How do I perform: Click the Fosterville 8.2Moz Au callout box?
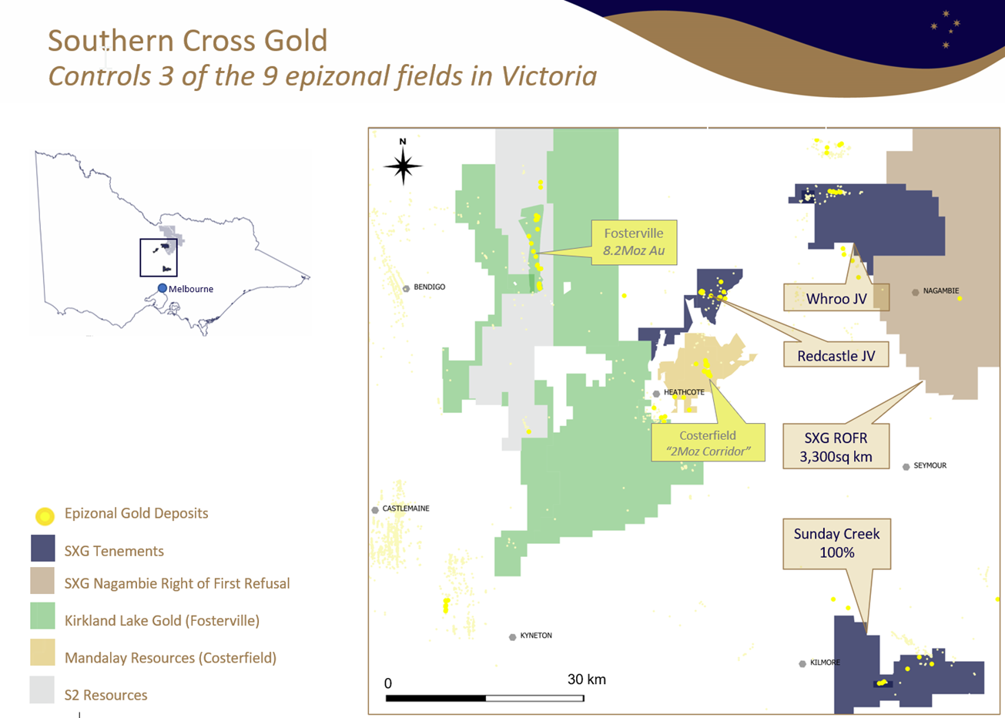point(634,243)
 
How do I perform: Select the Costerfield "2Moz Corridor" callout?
point(708,443)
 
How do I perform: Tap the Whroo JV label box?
point(836,298)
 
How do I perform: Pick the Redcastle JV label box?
point(836,356)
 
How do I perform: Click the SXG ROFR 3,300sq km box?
point(836,447)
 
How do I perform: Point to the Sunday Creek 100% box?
point(836,543)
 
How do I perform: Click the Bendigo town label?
point(429,287)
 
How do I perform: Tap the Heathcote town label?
point(683,392)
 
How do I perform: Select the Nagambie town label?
point(940,291)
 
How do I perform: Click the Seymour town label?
point(930,465)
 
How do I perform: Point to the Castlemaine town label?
point(405,508)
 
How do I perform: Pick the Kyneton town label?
point(535,636)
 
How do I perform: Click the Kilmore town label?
point(825,663)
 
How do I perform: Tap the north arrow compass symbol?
point(403,164)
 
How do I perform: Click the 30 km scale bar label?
point(586,679)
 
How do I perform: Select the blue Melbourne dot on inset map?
point(162,288)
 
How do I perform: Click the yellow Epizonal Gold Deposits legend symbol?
point(45,515)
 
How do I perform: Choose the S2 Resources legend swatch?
point(42,690)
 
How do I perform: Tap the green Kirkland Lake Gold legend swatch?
point(42,616)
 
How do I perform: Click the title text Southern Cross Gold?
point(188,41)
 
